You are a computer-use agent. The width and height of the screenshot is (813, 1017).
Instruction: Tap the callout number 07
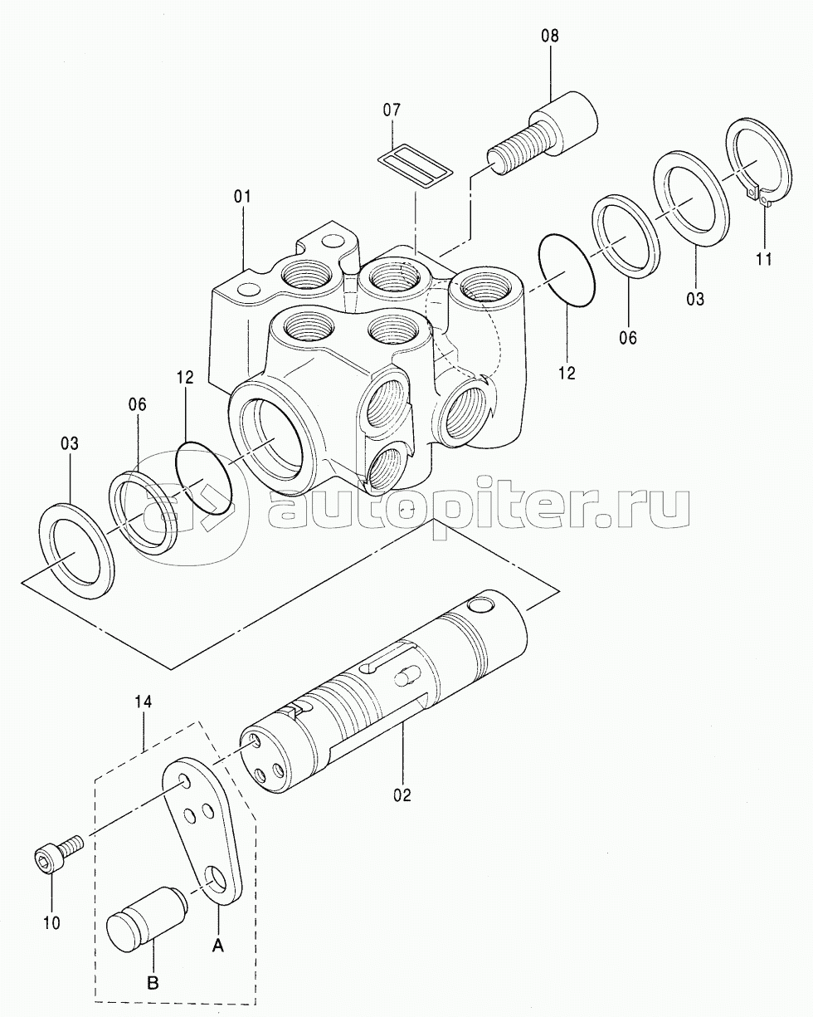point(392,110)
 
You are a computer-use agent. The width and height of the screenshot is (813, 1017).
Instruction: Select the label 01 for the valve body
point(242,197)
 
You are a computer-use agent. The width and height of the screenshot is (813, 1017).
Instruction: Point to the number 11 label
point(764,259)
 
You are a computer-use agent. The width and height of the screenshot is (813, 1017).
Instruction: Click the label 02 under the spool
point(402,795)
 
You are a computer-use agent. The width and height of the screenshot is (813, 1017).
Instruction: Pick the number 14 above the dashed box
point(144,702)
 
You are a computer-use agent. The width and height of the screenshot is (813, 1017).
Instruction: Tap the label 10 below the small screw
point(51,921)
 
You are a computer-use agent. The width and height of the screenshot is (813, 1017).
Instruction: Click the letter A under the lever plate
point(218,944)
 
